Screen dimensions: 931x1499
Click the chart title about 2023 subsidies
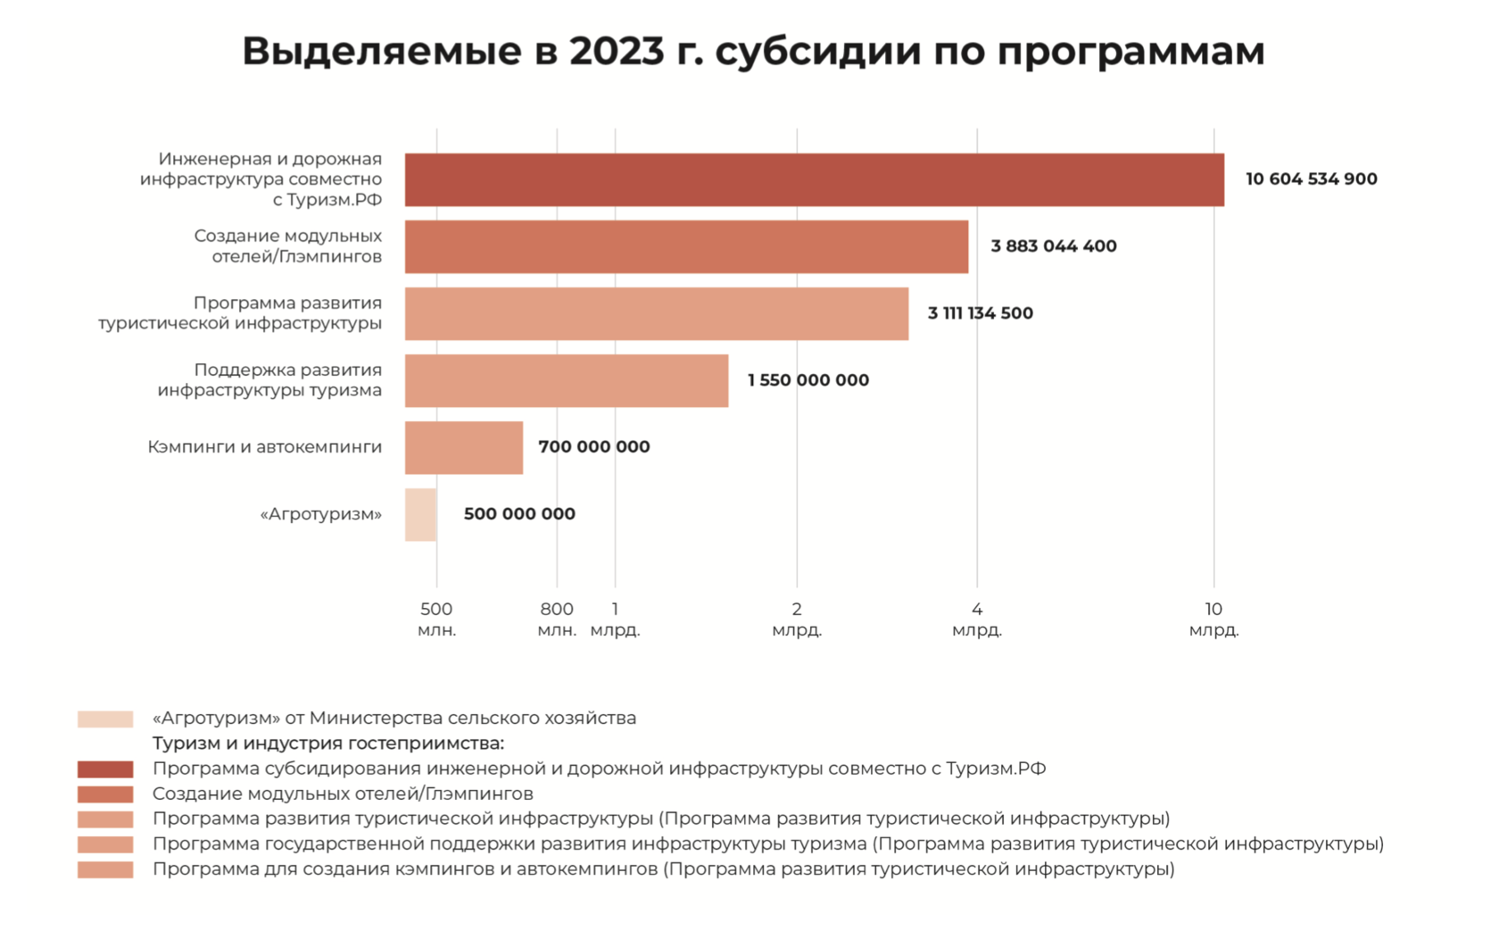click(x=753, y=51)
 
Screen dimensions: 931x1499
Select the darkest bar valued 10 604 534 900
click(x=814, y=179)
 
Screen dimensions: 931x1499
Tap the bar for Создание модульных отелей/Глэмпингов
click(x=686, y=246)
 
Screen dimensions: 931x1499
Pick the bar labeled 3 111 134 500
click(x=656, y=313)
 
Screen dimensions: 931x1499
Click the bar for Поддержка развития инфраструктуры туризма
click(x=566, y=380)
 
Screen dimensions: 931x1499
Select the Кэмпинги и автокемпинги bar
click(x=463, y=447)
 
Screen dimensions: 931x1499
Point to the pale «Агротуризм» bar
click(x=420, y=514)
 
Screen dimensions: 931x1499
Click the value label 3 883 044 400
click(x=1053, y=246)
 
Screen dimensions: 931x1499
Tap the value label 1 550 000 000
click(x=807, y=380)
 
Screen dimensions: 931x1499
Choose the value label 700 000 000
click(x=593, y=447)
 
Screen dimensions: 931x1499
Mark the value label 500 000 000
click(x=519, y=514)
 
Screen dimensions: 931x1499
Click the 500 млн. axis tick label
click(x=436, y=619)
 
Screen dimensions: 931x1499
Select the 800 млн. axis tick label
click(x=557, y=619)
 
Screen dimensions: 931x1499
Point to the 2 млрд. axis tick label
click(x=797, y=619)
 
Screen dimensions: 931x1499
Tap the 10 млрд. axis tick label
click(x=1213, y=619)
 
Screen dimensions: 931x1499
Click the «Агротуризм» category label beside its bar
click(x=320, y=514)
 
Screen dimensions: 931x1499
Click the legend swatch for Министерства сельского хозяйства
click(x=105, y=719)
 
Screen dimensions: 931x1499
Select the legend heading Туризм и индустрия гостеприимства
click(x=327, y=744)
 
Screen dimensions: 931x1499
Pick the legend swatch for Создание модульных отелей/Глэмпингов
click(x=105, y=794)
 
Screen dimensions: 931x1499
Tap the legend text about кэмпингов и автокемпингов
click(x=663, y=869)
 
